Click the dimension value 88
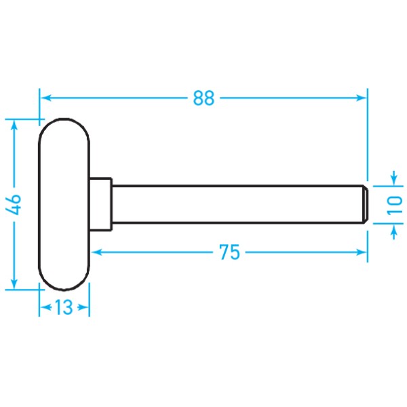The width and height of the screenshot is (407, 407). pos(203,98)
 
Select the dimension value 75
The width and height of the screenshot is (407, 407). pos(230,252)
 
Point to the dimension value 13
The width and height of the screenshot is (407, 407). pos(64,308)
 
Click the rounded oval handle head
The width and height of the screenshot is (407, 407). pos(64,204)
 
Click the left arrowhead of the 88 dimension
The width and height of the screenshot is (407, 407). pos(45,98)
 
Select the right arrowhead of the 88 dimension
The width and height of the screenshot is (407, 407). pos(362,98)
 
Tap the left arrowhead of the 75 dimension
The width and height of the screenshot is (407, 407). pos(96,252)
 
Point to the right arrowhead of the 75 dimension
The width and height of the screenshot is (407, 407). pos(362,252)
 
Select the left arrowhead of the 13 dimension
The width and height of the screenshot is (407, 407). pos(43,308)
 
